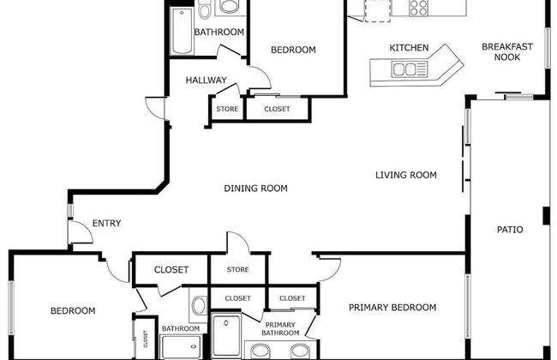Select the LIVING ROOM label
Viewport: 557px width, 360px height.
tap(406, 176)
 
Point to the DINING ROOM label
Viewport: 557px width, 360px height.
tap(255, 189)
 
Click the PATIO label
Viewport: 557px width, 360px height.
tap(510, 230)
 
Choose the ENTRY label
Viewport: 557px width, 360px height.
tap(106, 224)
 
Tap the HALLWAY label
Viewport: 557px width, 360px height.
tap(206, 81)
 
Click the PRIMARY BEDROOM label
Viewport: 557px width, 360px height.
tap(392, 308)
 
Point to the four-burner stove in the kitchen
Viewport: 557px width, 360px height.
tap(419, 8)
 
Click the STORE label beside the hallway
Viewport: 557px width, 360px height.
tap(227, 109)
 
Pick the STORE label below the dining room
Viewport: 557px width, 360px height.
tap(238, 270)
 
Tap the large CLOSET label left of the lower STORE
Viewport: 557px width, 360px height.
tap(171, 270)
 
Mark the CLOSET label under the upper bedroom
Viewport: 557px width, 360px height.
tap(277, 109)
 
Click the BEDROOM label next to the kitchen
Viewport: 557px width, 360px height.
tap(293, 50)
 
